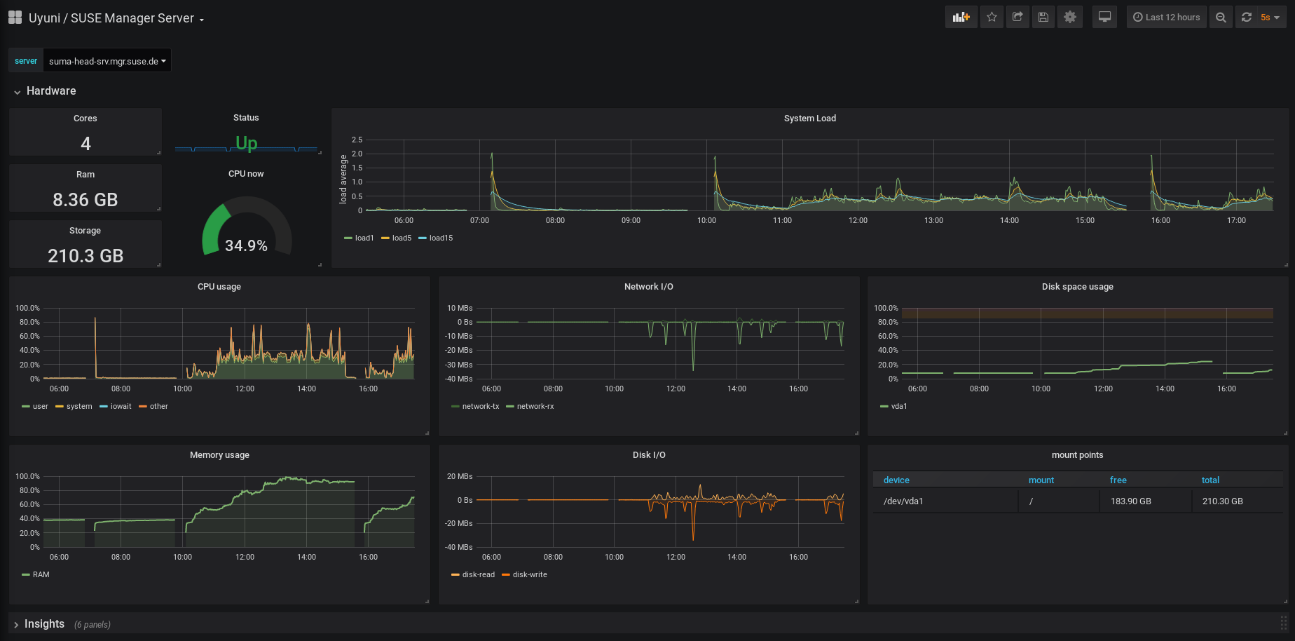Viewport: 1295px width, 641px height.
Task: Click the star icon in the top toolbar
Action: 992,18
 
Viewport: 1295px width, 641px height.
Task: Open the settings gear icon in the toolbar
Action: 1070,18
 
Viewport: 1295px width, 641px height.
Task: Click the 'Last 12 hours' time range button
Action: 1167,18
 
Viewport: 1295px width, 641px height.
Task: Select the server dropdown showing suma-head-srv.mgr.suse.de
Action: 107,61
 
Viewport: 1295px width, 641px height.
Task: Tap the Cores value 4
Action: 85,144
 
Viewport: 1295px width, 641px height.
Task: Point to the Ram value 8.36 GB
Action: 85,200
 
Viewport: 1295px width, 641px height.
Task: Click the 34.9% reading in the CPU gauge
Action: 246,245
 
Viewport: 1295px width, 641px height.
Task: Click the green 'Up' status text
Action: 246,143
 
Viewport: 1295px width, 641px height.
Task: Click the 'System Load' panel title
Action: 810,119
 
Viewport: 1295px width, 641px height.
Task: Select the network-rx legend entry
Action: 530,406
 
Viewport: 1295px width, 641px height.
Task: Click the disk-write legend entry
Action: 525,574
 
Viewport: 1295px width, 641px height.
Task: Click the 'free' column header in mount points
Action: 1118,480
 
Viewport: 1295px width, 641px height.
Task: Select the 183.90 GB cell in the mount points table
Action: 1131,501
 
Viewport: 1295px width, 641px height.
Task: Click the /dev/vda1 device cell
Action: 903,501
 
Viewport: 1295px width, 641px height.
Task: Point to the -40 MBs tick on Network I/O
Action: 458,379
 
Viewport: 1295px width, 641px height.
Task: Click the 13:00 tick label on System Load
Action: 933,220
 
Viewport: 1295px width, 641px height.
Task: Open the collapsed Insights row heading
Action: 44,624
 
